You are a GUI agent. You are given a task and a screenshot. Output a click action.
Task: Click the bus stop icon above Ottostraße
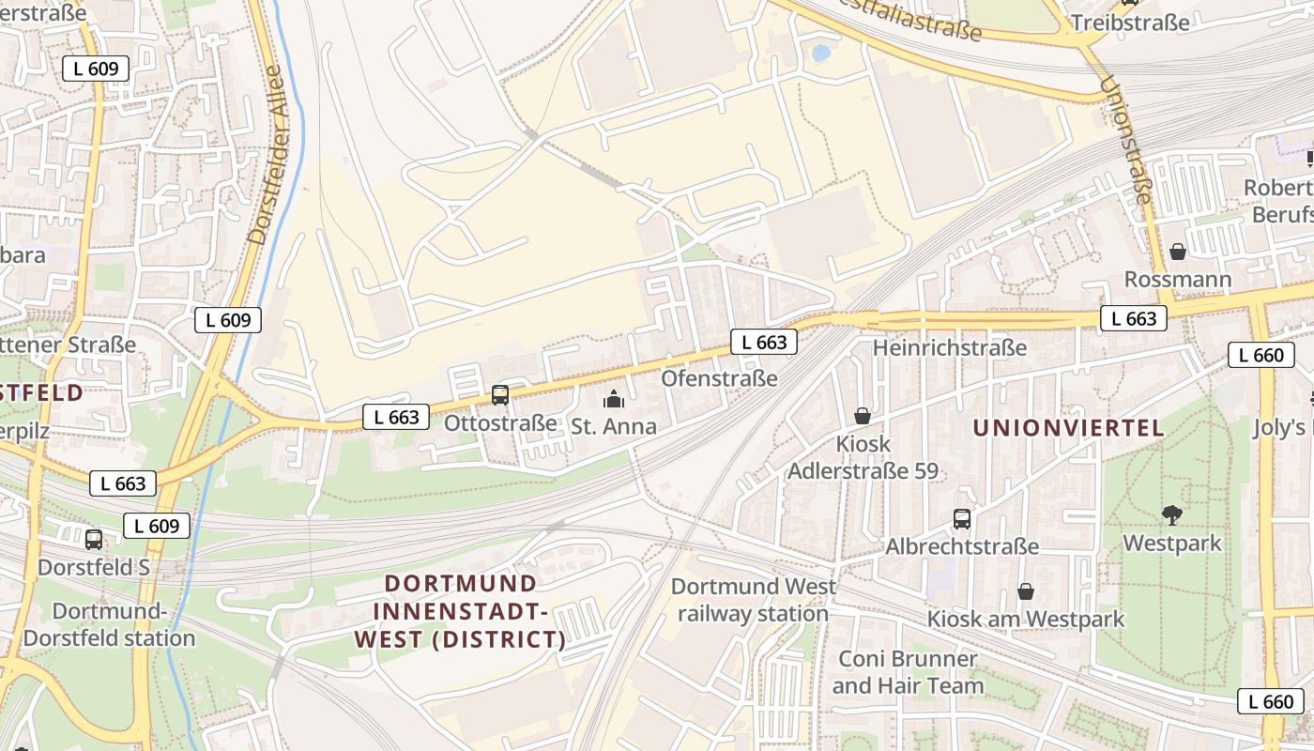[x=500, y=395]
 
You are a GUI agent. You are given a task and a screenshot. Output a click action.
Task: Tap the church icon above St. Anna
[x=614, y=399]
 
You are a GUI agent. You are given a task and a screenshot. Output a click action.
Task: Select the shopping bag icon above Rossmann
[x=1178, y=252]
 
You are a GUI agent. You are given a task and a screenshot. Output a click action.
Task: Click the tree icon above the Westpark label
[x=1171, y=514]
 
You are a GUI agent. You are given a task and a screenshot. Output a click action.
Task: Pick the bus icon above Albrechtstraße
[x=962, y=519]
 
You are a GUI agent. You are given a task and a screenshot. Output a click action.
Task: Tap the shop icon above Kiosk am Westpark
[x=1026, y=591]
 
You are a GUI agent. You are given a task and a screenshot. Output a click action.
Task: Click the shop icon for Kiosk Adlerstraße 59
[x=863, y=415]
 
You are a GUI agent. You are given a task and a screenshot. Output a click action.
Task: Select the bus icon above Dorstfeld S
[x=94, y=540]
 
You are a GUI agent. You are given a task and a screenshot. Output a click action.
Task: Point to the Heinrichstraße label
[x=950, y=348]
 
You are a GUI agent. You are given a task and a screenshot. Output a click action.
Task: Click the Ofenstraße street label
[x=719, y=378]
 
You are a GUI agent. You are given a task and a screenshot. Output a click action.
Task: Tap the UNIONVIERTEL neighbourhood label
[x=1068, y=428]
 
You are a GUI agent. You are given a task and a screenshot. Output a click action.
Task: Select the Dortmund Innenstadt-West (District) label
[x=461, y=612]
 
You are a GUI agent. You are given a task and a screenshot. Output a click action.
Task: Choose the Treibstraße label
[x=1130, y=23]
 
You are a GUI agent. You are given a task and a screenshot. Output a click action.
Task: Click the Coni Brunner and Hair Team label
[x=908, y=672]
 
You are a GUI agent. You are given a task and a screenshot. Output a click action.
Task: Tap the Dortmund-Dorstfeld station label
[x=109, y=625]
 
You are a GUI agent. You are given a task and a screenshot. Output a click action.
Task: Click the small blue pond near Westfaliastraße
[x=821, y=54]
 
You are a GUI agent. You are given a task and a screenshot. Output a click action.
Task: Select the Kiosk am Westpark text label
[x=1026, y=620]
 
